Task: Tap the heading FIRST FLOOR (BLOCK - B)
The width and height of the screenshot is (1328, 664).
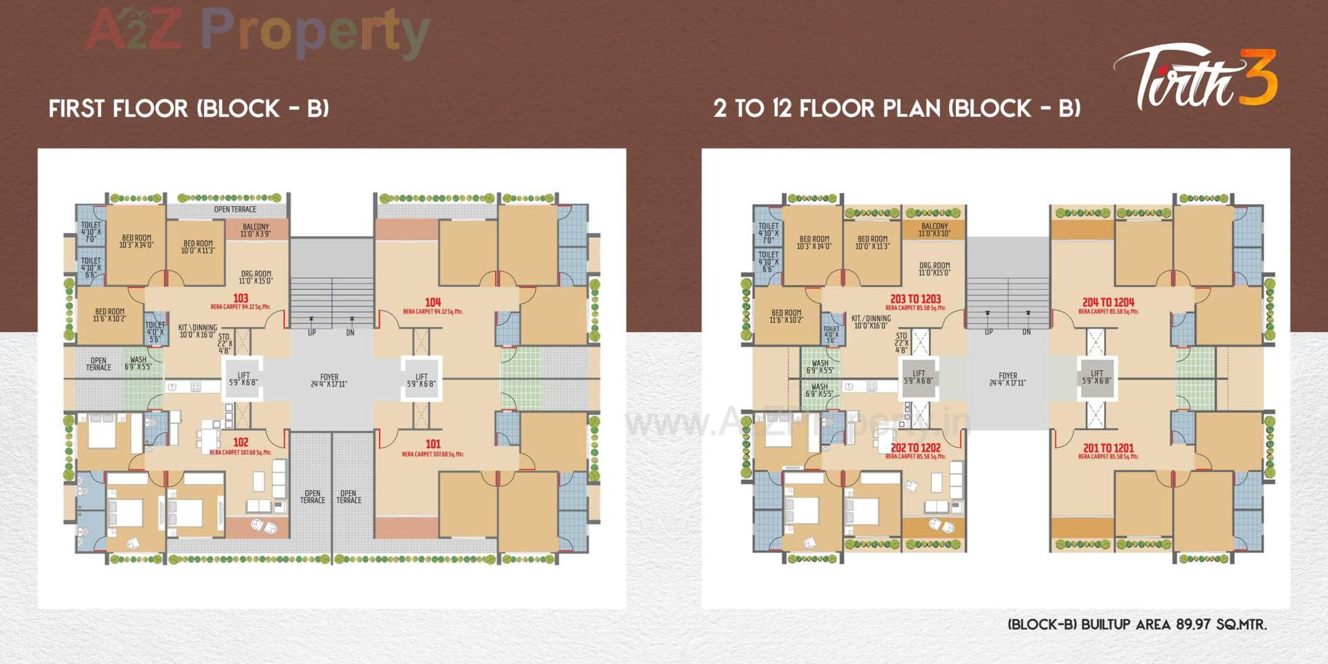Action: click(x=189, y=109)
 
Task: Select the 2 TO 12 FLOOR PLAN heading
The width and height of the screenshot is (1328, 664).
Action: click(x=896, y=109)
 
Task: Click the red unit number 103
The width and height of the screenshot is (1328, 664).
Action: click(x=240, y=298)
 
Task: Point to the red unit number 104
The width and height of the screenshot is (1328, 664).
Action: click(x=433, y=302)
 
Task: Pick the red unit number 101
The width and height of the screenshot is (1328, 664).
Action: click(x=433, y=444)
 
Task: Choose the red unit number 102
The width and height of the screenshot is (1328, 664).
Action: click(x=240, y=443)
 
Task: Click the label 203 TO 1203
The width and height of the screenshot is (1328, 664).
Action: click(x=915, y=299)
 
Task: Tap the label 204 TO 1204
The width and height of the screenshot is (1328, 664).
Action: click(x=1108, y=302)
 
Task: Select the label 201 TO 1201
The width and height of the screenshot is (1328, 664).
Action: click(x=1108, y=448)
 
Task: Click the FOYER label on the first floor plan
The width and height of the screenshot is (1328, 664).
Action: click(x=329, y=380)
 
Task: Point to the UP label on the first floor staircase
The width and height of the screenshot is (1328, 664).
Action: click(x=311, y=333)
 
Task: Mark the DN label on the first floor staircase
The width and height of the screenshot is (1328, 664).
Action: click(x=350, y=333)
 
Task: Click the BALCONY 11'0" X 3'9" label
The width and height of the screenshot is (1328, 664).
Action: click(x=255, y=230)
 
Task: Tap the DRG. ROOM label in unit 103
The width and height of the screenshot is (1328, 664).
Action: click(x=255, y=277)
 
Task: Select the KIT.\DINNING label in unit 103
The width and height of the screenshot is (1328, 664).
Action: click(x=197, y=331)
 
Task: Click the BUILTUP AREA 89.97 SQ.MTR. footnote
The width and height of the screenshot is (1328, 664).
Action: click(x=1137, y=625)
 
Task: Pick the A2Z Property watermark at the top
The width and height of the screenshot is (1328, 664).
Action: click(x=257, y=31)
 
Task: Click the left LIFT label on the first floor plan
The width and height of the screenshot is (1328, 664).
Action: click(x=243, y=379)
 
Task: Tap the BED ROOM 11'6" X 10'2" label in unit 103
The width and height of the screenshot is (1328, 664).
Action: click(x=109, y=315)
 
